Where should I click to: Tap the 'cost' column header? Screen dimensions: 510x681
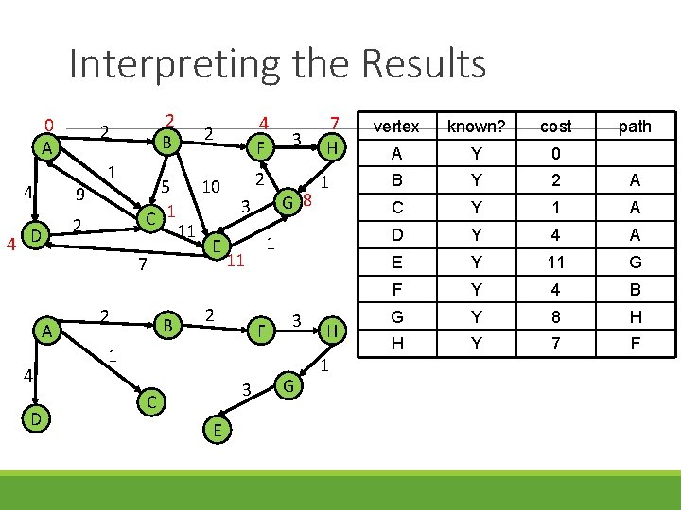[555, 127]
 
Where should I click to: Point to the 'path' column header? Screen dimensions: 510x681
[634, 127]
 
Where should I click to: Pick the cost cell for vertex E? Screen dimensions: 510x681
[555, 263]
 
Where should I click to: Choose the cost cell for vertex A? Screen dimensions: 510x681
[555, 154]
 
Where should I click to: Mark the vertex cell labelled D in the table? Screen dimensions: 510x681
[396, 235]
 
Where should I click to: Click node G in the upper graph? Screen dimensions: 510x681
[288, 200]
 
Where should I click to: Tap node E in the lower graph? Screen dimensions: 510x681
[217, 430]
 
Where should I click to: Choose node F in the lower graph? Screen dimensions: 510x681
[259, 331]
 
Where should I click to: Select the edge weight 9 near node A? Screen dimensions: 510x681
[82, 195]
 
